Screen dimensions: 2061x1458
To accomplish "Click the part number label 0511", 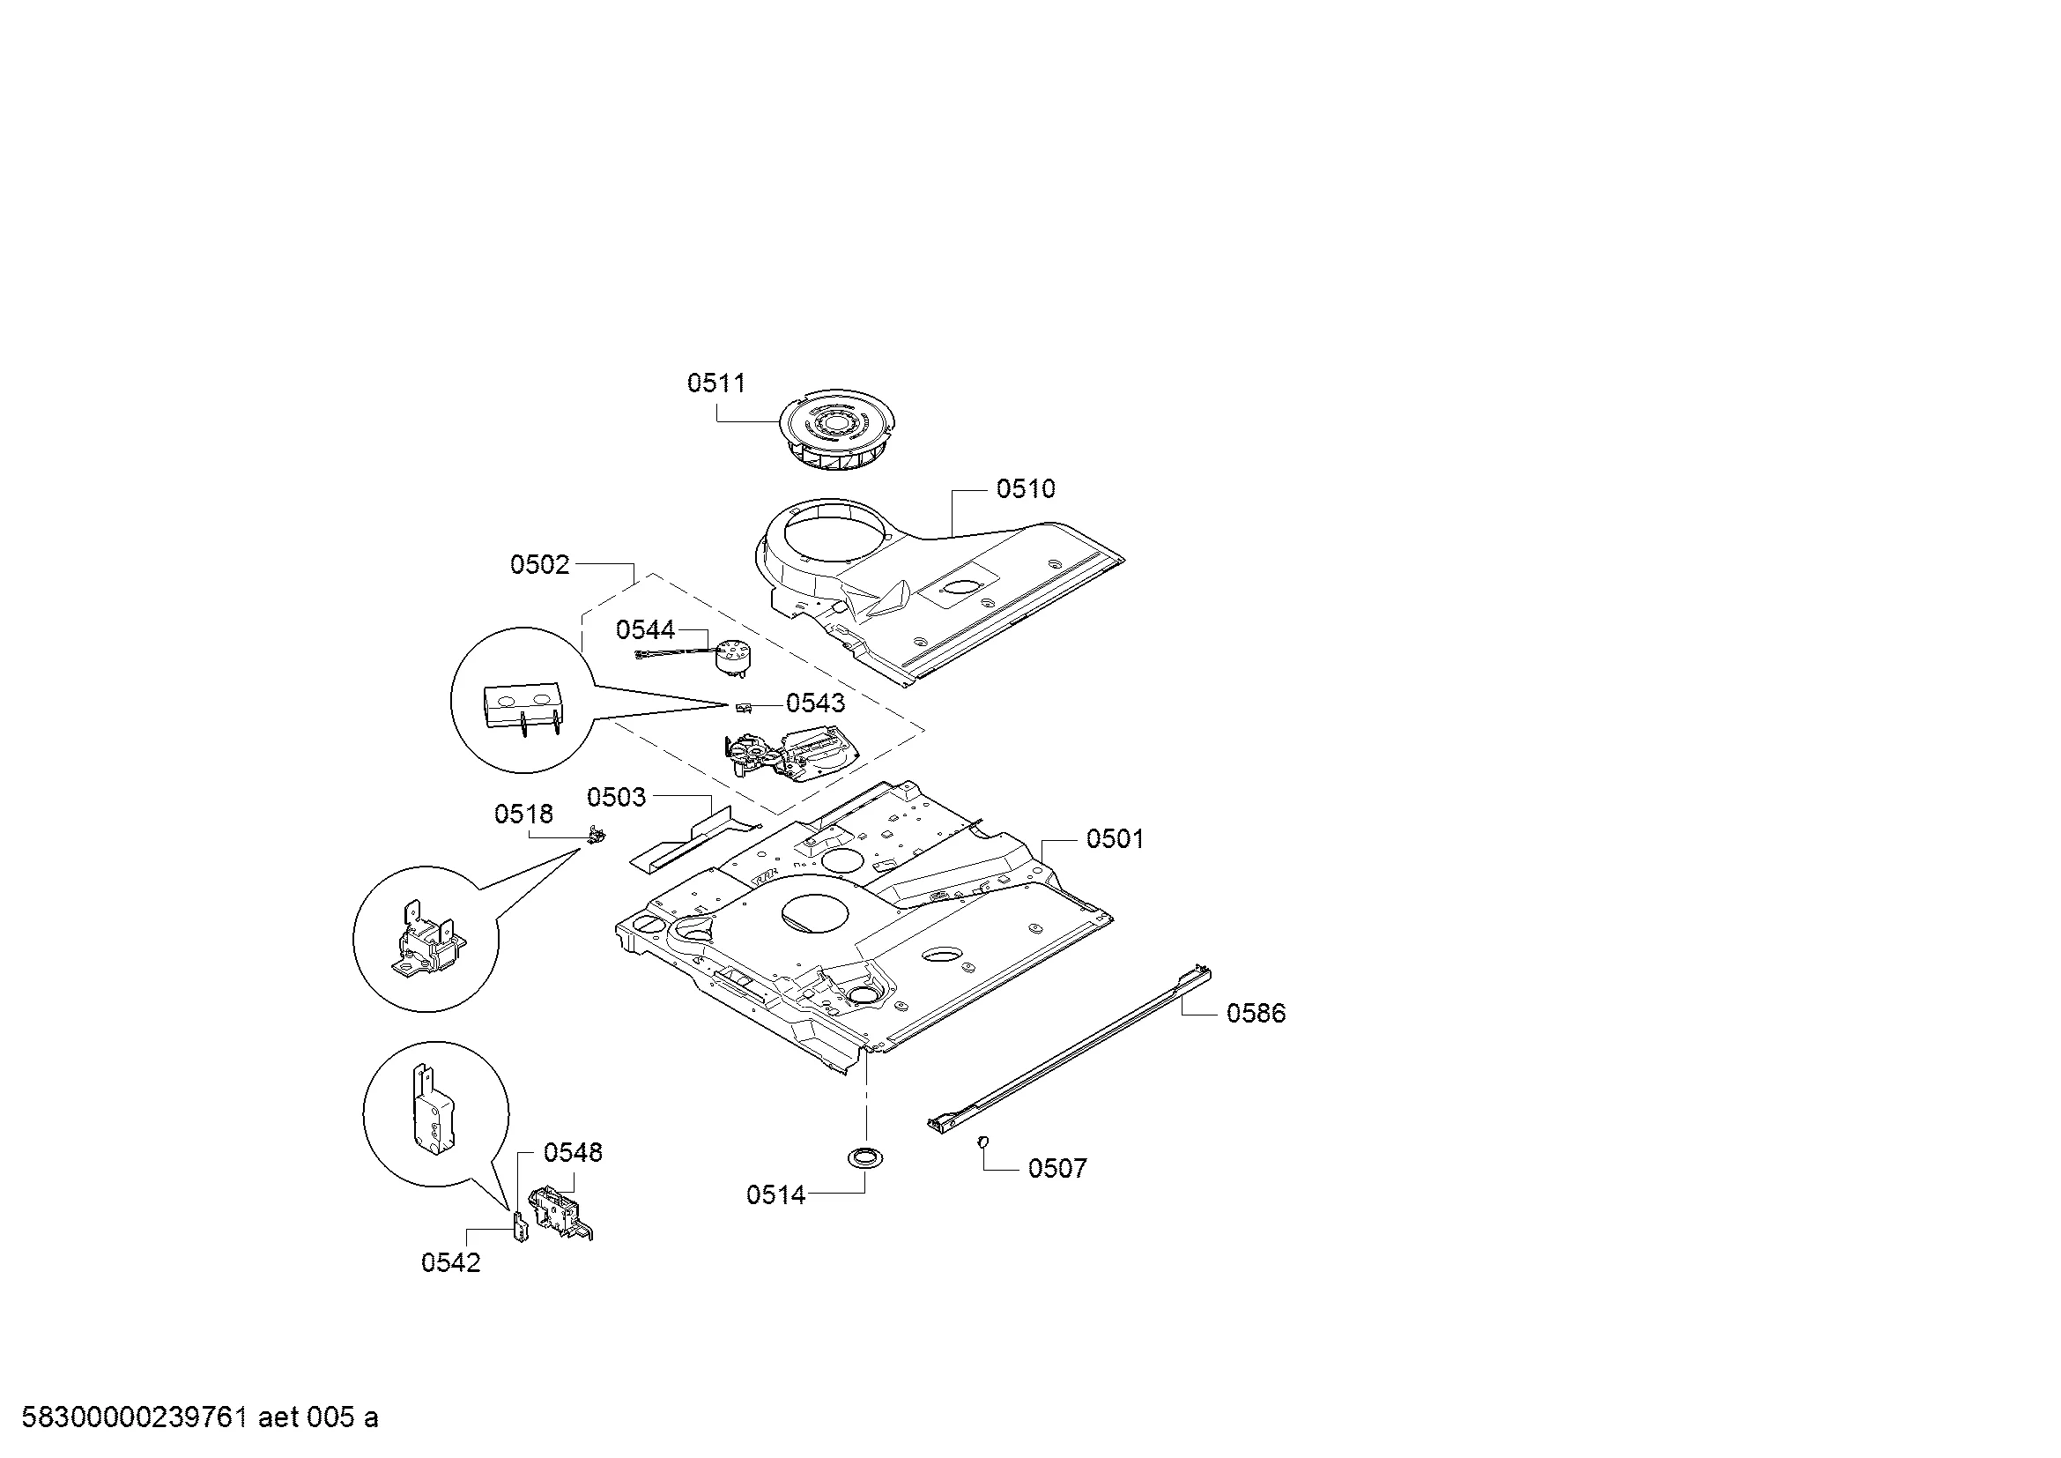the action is pos(716,383).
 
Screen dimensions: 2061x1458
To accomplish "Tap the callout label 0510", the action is pos(1026,489).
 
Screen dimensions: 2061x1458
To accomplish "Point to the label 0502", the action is pos(539,565).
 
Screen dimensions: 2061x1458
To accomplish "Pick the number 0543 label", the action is pos(816,703).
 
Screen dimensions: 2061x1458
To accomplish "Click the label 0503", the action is pos(617,797).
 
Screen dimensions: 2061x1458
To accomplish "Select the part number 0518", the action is pos(524,815).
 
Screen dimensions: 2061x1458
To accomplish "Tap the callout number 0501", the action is pos(1115,839).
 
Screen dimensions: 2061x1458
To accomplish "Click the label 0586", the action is pos(1257,1014).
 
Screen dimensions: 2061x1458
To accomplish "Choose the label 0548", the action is pos(574,1153).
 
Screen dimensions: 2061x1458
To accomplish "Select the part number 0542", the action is pos(450,1263).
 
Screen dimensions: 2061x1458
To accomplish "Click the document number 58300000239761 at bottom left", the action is pos(134,1417).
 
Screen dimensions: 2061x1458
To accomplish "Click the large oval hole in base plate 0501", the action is pos(815,913).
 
